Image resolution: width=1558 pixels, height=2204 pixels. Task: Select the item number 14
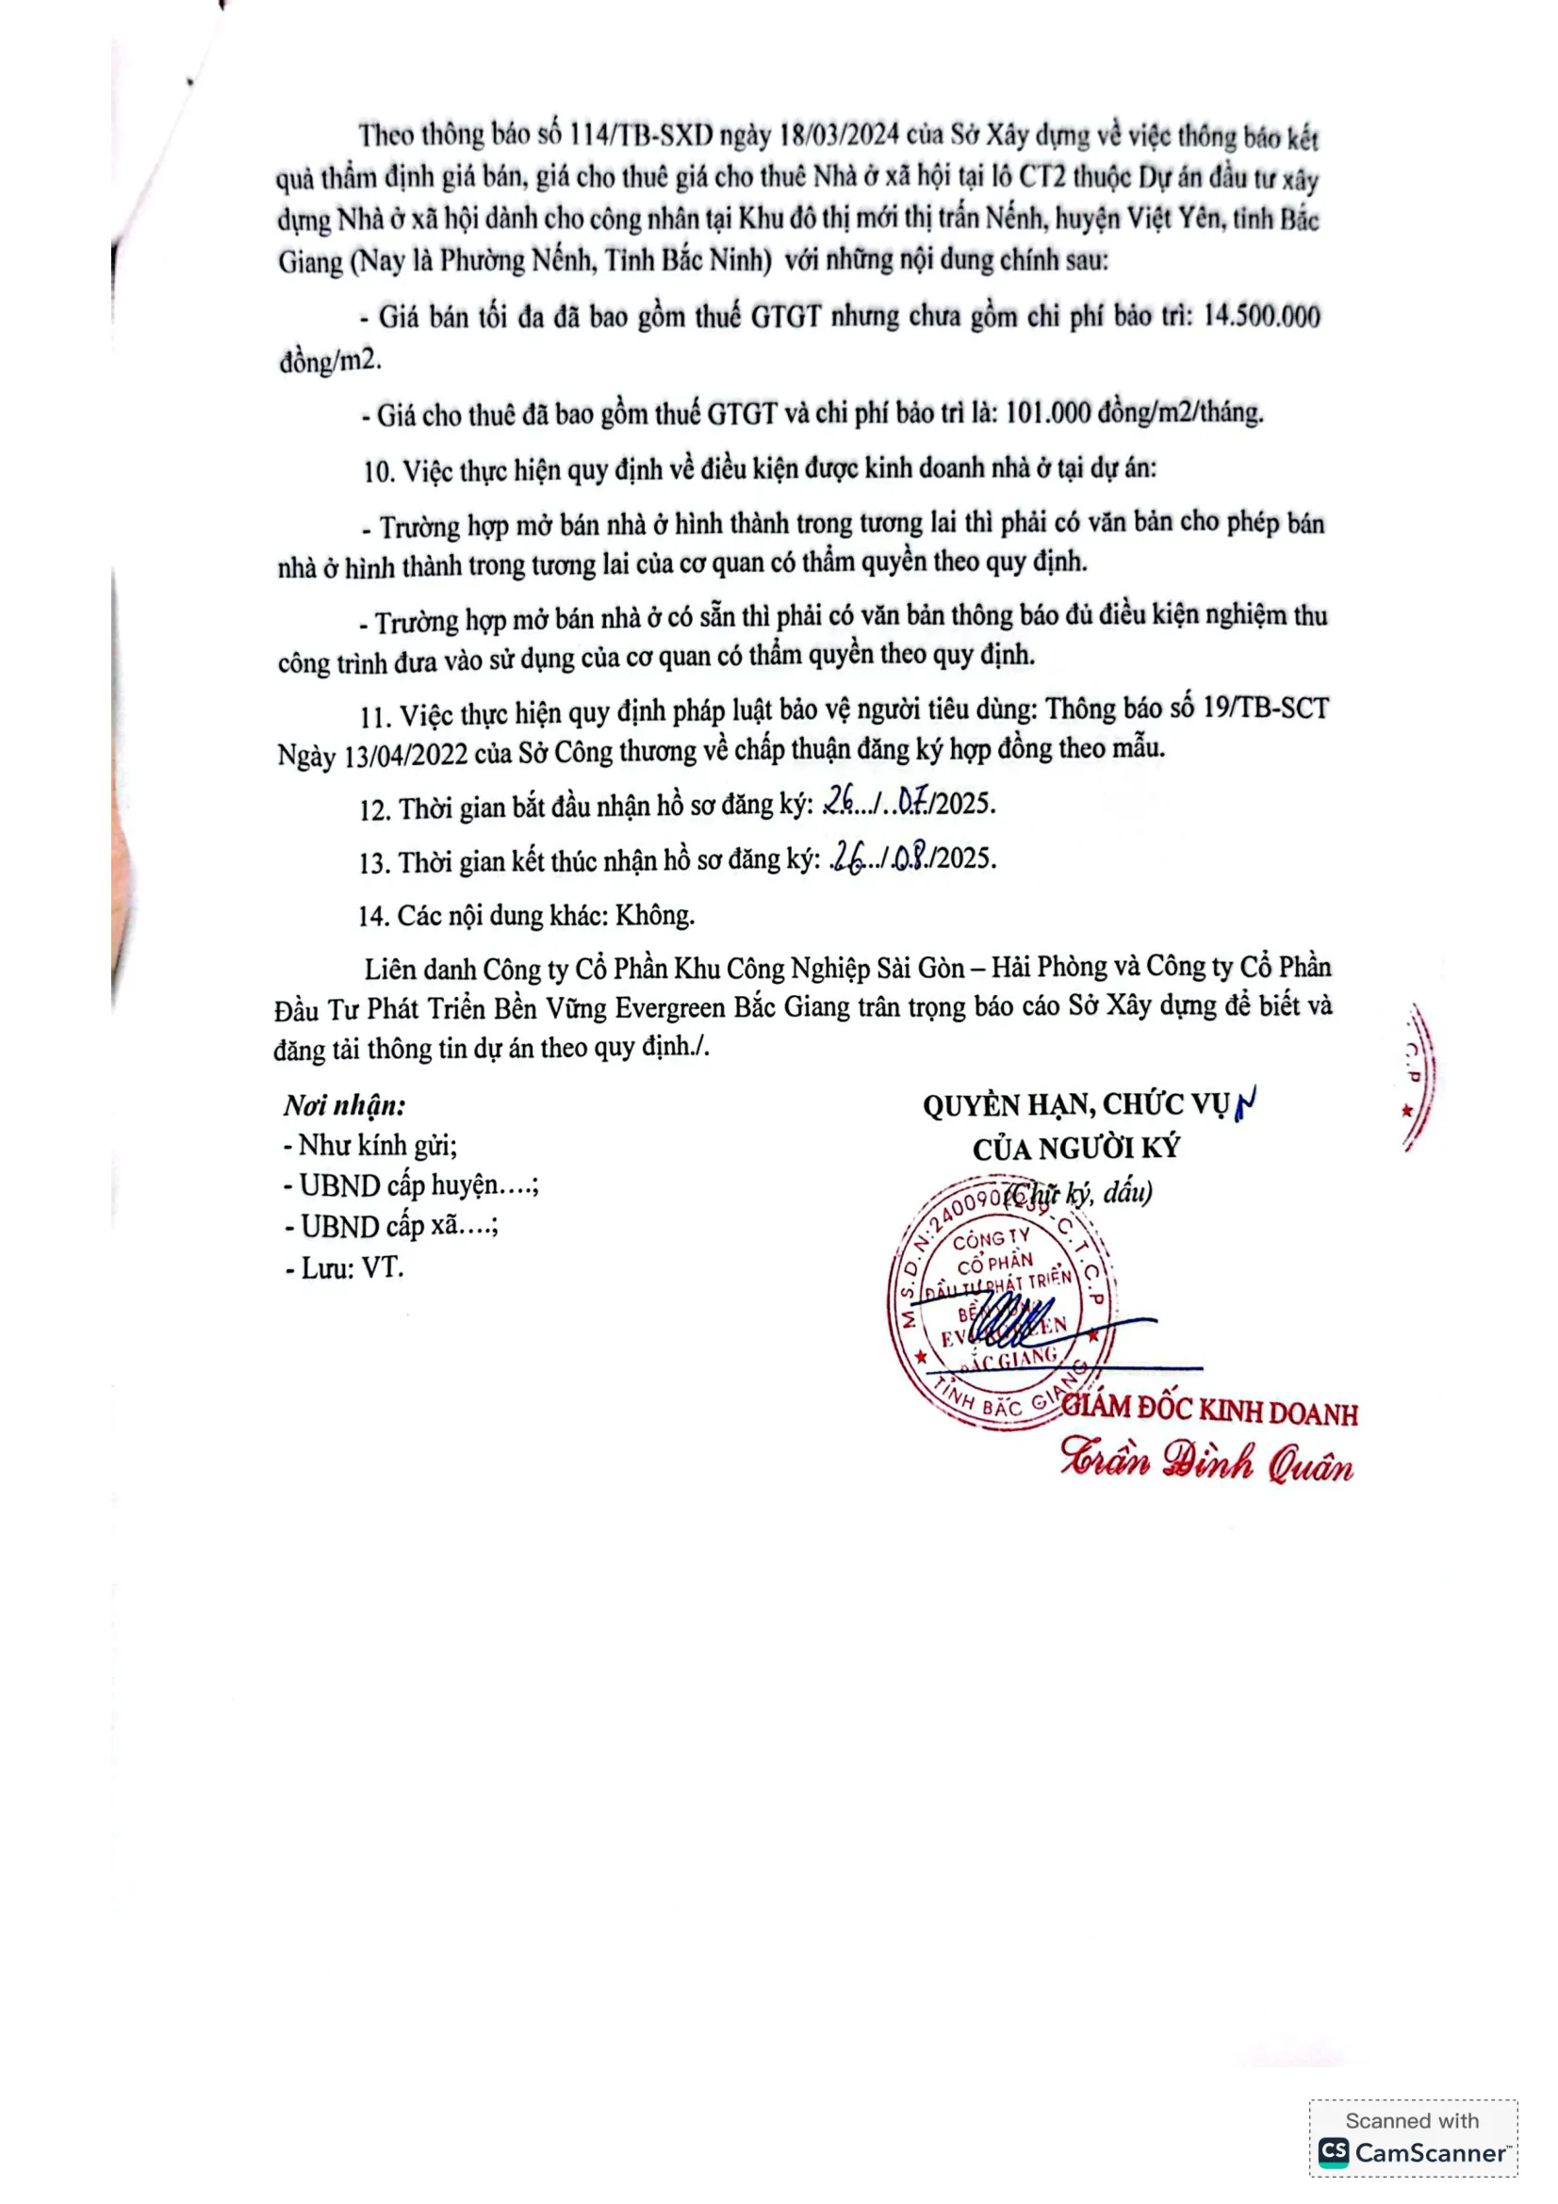[x=371, y=916]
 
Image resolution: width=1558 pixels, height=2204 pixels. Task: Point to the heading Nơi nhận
[x=345, y=1106]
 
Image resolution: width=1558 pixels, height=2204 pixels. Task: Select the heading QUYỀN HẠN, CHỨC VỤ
[x=1075, y=1106]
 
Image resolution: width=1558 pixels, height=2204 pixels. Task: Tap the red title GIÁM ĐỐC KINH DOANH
[x=1209, y=1411]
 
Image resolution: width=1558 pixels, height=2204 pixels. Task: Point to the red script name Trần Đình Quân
[x=1206, y=1461]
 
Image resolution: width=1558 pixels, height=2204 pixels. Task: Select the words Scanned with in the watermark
[x=1411, y=2120]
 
